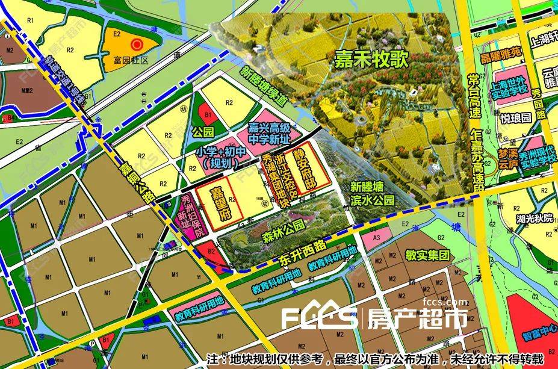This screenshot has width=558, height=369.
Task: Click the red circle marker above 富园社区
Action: coord(137,44)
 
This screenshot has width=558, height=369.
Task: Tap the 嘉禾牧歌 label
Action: coord(371,59)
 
